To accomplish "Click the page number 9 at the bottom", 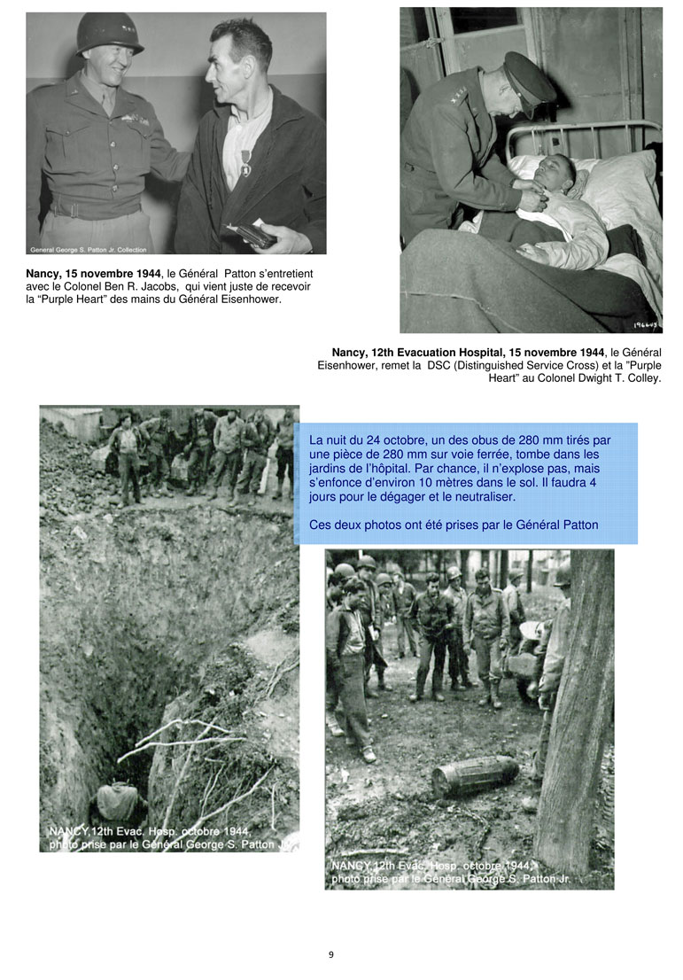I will pyautogui.click(x=330, y=954).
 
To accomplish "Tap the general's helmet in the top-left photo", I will pyautogui.click(x=110, y=35).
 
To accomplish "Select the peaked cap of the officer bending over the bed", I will pyautogui.click(x=530, y=80).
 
